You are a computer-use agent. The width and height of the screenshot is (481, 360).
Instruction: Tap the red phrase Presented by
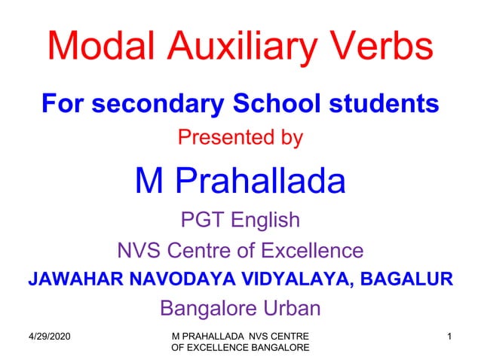pos(240,139)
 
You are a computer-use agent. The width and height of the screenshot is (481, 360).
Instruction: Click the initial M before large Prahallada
pos(150,181)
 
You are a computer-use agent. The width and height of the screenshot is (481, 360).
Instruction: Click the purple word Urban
pos(289,309)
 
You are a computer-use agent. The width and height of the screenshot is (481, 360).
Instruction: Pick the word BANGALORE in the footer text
pos(276,346)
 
